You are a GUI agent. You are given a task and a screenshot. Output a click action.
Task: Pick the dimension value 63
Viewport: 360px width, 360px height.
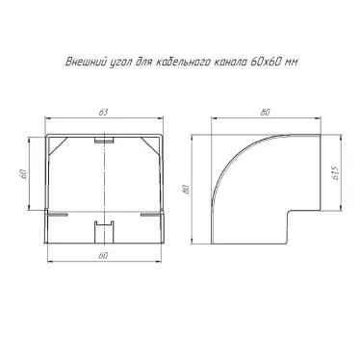tap(103, 113)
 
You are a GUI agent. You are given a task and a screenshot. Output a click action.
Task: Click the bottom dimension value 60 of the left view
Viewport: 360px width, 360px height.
tap(103, 256)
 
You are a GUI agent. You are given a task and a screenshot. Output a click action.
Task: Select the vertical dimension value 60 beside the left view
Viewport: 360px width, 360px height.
tap(23, 174)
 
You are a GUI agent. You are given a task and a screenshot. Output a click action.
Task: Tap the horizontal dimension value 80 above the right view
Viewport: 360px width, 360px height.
tap(266, 113)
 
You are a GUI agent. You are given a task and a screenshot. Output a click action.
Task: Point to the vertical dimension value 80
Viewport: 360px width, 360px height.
tap(185, 190)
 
